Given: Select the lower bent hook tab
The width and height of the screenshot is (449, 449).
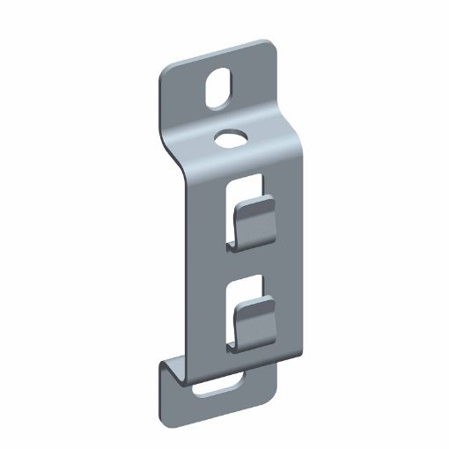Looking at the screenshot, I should point(254,319).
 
